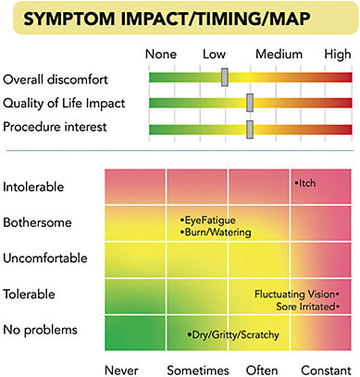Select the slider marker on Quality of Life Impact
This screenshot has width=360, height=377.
pyautogui.click(x=249, y=102)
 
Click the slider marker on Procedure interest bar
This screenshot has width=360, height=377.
pyautogui.click(x=249, y=126)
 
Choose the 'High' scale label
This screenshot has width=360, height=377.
pyautogui.click(x=337, y=55)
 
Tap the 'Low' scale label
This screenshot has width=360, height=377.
pyautogui.click(x=215, y=55)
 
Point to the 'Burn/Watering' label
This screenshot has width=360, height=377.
pyautogui.click(x=215, y=232)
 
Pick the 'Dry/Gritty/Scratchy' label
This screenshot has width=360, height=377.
pyautogui.click(x=233, y=334)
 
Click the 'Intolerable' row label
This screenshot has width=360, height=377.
pyautogui.click(x=34, y=186)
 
